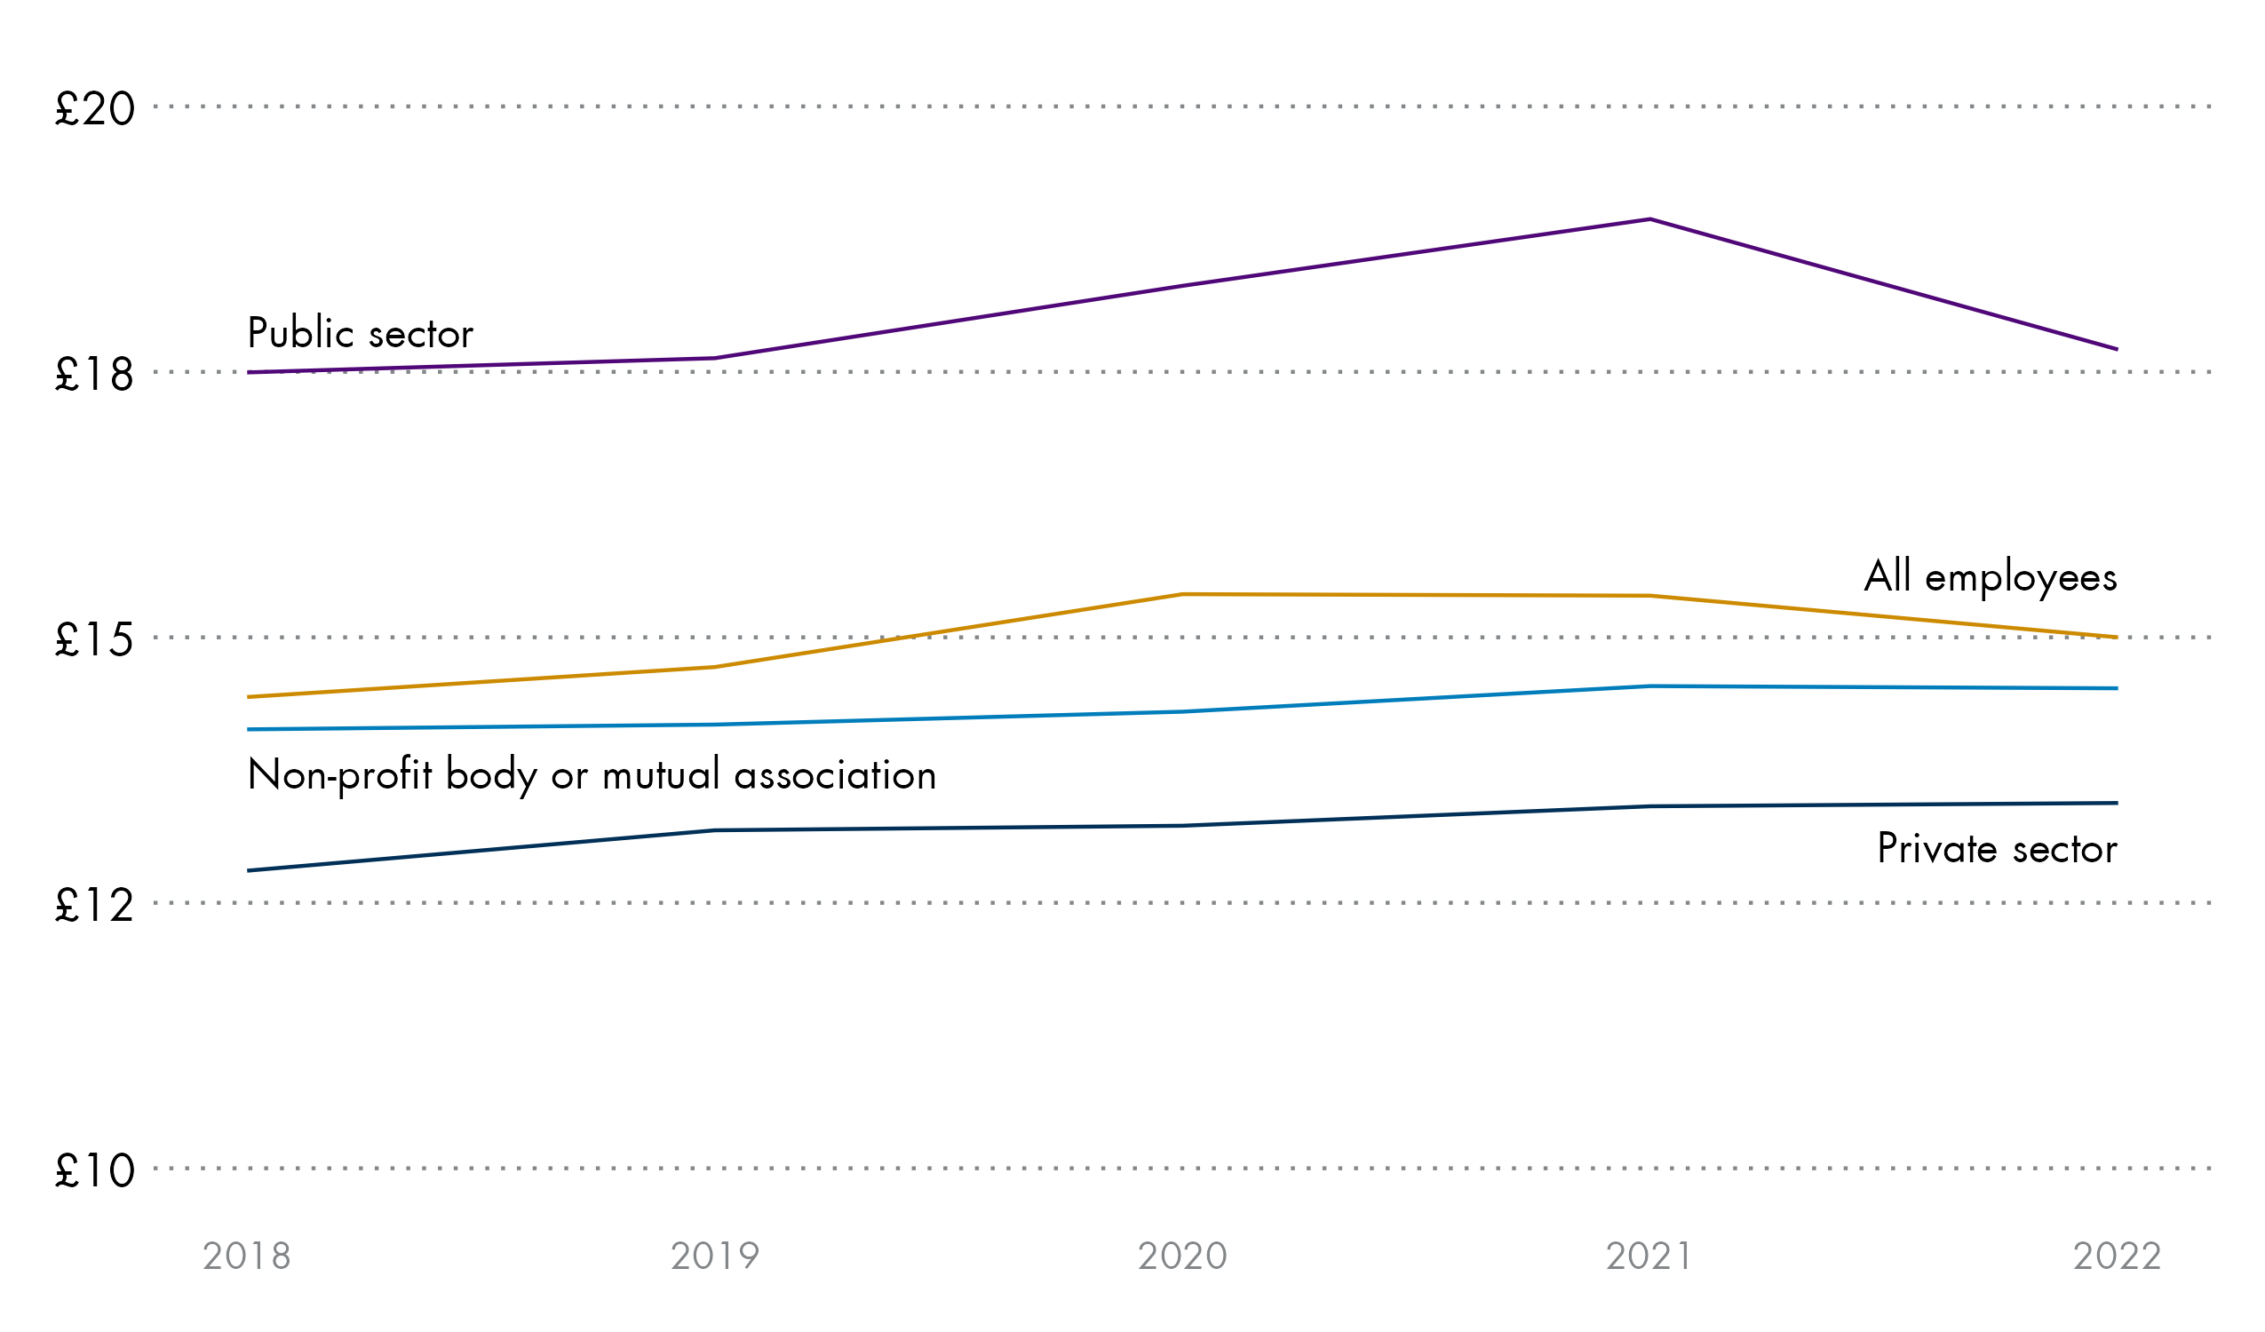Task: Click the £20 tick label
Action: (x=95, y=108)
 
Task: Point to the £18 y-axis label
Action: (x=95, y=374)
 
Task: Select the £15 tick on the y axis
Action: (x=95, y=640)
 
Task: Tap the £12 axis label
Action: (x=95, y=905)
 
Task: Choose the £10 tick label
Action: (x=95, y=1170)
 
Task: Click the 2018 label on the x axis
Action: (x=247, y=1257)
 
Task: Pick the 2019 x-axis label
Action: (x=715, y=1257)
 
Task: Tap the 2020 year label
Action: (x=1183, y=1257)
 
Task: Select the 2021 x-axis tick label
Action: (x=1650, y=1257)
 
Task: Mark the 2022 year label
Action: (x=2118, y=1257)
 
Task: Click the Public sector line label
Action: (x=361, y=334)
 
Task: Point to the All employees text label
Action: (x=1991, y=578)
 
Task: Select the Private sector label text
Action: (x=1997, y=848)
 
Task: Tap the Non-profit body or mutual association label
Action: (x=592, y=774)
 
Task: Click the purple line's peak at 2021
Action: (x=1651, y=219)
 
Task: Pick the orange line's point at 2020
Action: (x=1183, y=594)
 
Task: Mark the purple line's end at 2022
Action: (x=2118, y=349)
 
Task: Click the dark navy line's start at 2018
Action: (x=249, y=870)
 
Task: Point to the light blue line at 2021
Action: (x=1651, y=686)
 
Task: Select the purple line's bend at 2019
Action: (x=715, y=358)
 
